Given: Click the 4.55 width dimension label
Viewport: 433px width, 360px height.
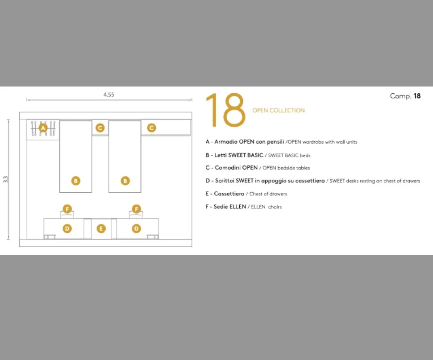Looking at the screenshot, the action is coord(109,95).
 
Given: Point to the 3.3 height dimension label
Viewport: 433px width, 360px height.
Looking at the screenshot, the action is coord(5,179).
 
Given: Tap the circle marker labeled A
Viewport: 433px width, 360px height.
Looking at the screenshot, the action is coord(43,128).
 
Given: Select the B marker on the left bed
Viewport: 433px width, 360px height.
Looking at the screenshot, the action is coord(76,181).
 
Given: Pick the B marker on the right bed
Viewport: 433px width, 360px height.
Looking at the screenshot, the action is coord(125,181).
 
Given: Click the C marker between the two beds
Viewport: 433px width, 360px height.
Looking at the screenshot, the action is coord(100,128).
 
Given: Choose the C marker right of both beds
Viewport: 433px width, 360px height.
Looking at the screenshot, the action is coord(151,128).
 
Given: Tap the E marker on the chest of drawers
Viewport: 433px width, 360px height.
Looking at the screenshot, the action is coord(101,228).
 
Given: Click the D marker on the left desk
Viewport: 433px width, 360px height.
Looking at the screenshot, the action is coord(67,228).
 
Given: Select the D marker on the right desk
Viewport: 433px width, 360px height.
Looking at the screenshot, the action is coord(136,228).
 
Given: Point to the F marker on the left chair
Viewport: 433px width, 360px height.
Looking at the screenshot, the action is coord(67,209).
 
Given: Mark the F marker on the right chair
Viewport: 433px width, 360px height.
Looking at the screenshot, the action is coord(137,209).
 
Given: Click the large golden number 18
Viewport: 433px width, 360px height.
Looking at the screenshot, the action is coord(225,110).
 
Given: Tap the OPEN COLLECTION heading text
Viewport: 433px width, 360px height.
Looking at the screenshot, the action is coord(279,110).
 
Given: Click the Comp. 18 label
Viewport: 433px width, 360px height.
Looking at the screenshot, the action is coord(405,96).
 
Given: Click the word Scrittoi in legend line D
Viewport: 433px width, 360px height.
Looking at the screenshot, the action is coord(225,181).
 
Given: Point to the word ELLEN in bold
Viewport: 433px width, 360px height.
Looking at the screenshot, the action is coord(238,207).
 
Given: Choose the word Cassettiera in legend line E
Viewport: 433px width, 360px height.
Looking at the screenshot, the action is coord(229,194).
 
